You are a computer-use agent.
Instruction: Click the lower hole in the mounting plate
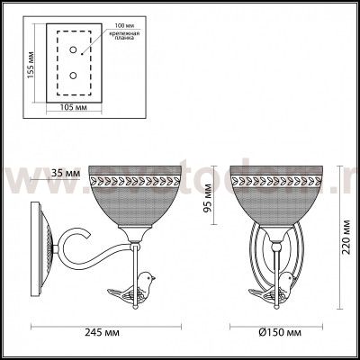coord(73,77)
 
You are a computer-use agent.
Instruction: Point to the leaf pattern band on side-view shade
coord(135,181)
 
